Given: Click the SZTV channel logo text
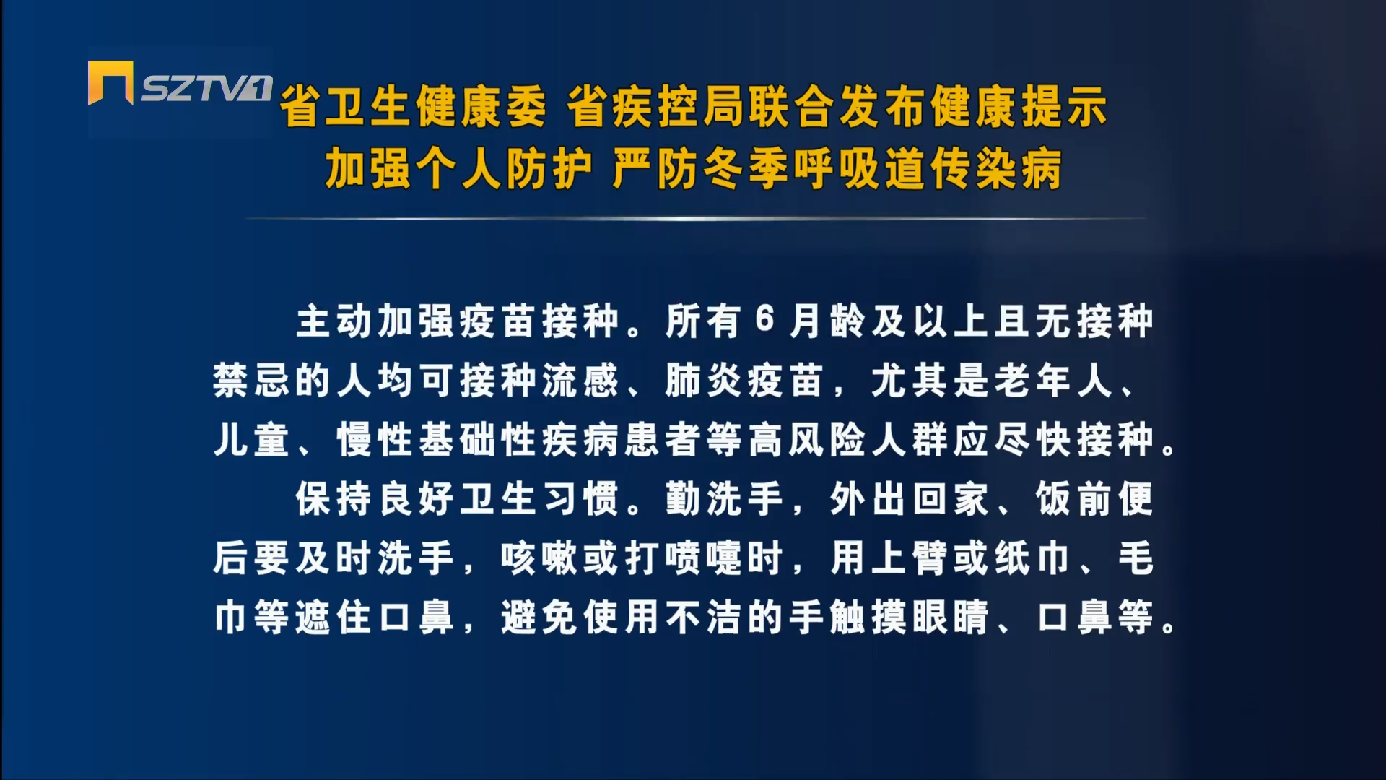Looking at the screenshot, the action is pyautogui.click(x=206, y=88).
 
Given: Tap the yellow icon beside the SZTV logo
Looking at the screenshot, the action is pyautogui.click(x=110, y=82).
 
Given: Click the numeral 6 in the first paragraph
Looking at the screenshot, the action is pyautogui.click(x=765, y=319).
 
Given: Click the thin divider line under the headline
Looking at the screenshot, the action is pyautogui.click(x=695, y=217).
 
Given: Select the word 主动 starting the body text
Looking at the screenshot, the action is pyautogui.click(x=334, y=321).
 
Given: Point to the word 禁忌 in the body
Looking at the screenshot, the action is pyautogui.click(x=251, y=380).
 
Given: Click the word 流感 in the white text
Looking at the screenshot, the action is pyautogui.click(x=580, y=380).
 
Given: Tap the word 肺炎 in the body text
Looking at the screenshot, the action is pyautogui.click(x=704, y=380).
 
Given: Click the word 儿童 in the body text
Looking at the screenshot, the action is pyautogui.click(x=251, y=439).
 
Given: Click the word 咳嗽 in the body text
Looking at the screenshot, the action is pyautogui.click(x=539, y=558).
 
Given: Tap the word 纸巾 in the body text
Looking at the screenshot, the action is pyautogui.click(x=1033, y=558).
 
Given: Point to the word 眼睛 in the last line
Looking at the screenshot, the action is pyautogui.click(x=951, y=617).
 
